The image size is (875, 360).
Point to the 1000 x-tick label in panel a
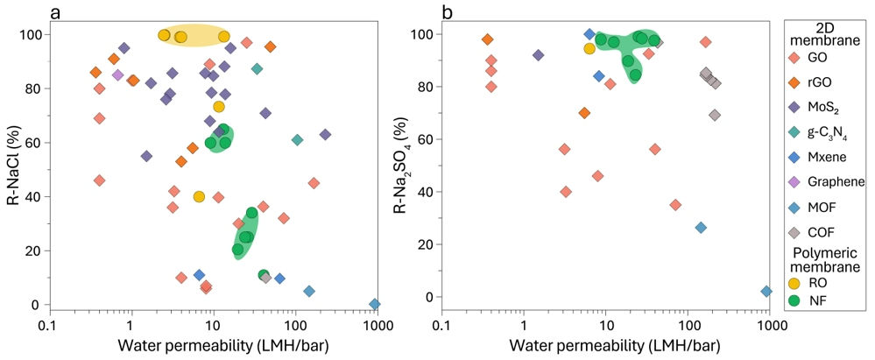(377, 325)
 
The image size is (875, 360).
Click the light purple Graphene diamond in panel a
(118, 74)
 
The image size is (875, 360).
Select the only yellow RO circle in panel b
(589, 48)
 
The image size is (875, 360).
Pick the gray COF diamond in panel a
(266, 278)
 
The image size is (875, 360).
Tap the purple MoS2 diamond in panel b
(539, 55)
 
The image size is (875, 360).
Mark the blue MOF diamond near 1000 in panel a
(375, 304)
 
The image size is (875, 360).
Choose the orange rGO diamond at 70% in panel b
(584, 113)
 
